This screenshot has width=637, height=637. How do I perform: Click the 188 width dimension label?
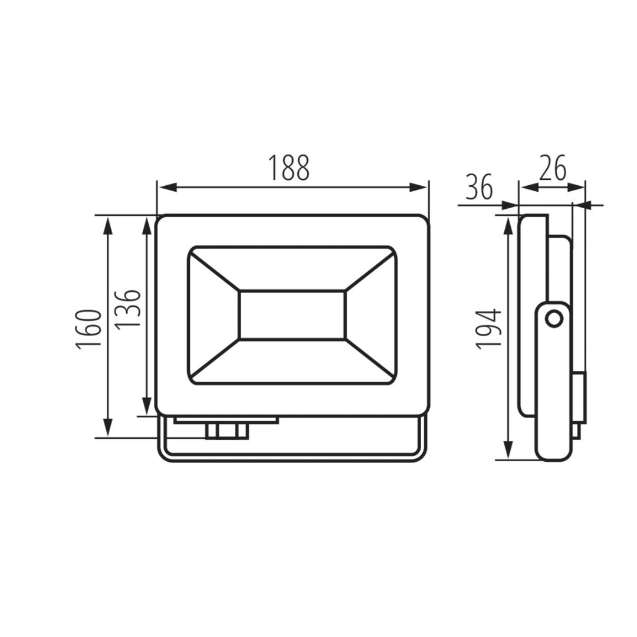point(289,168)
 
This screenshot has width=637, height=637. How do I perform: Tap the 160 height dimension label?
point(88,329)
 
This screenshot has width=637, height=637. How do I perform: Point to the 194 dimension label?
point(489,329)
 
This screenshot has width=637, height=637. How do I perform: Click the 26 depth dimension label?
point(553,168)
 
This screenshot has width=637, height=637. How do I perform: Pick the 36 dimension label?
point(480,187)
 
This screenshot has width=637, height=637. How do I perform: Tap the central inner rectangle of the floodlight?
point(292,315)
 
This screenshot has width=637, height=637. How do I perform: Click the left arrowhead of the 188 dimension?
point(168,188)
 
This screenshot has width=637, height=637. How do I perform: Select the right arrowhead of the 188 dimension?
point(418,188)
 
